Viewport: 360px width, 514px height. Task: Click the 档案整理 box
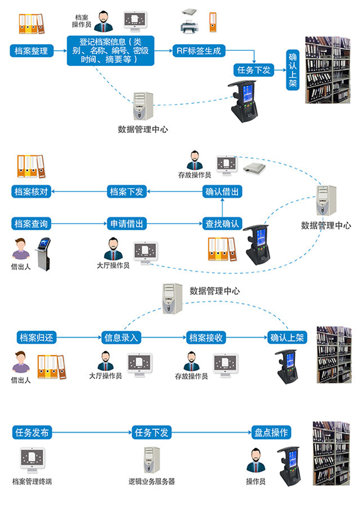(31, 50)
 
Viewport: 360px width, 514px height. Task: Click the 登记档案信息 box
(111, 50)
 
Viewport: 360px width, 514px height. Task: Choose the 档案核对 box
(31, 192)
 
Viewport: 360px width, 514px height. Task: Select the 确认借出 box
(222, 192)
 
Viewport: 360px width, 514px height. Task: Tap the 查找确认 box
(222, 224)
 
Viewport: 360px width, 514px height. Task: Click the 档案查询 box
(31, 224)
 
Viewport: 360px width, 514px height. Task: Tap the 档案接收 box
(206, 338)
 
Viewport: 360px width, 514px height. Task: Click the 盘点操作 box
(271, 432)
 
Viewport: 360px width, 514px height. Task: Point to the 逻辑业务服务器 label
(152, 482)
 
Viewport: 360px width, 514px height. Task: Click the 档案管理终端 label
(32, 482)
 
